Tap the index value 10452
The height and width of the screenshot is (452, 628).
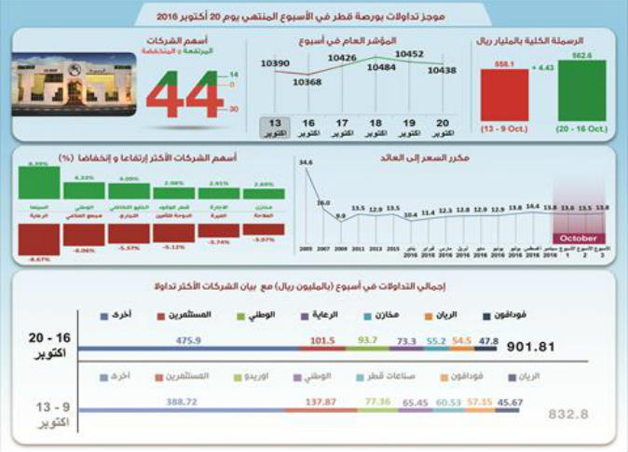[410, 54]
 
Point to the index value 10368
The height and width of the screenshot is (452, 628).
[307, 82]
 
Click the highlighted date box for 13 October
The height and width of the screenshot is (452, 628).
[274, 128]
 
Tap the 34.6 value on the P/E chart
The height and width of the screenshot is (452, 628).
[305, 162]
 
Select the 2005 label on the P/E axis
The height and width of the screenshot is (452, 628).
[306, 250]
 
